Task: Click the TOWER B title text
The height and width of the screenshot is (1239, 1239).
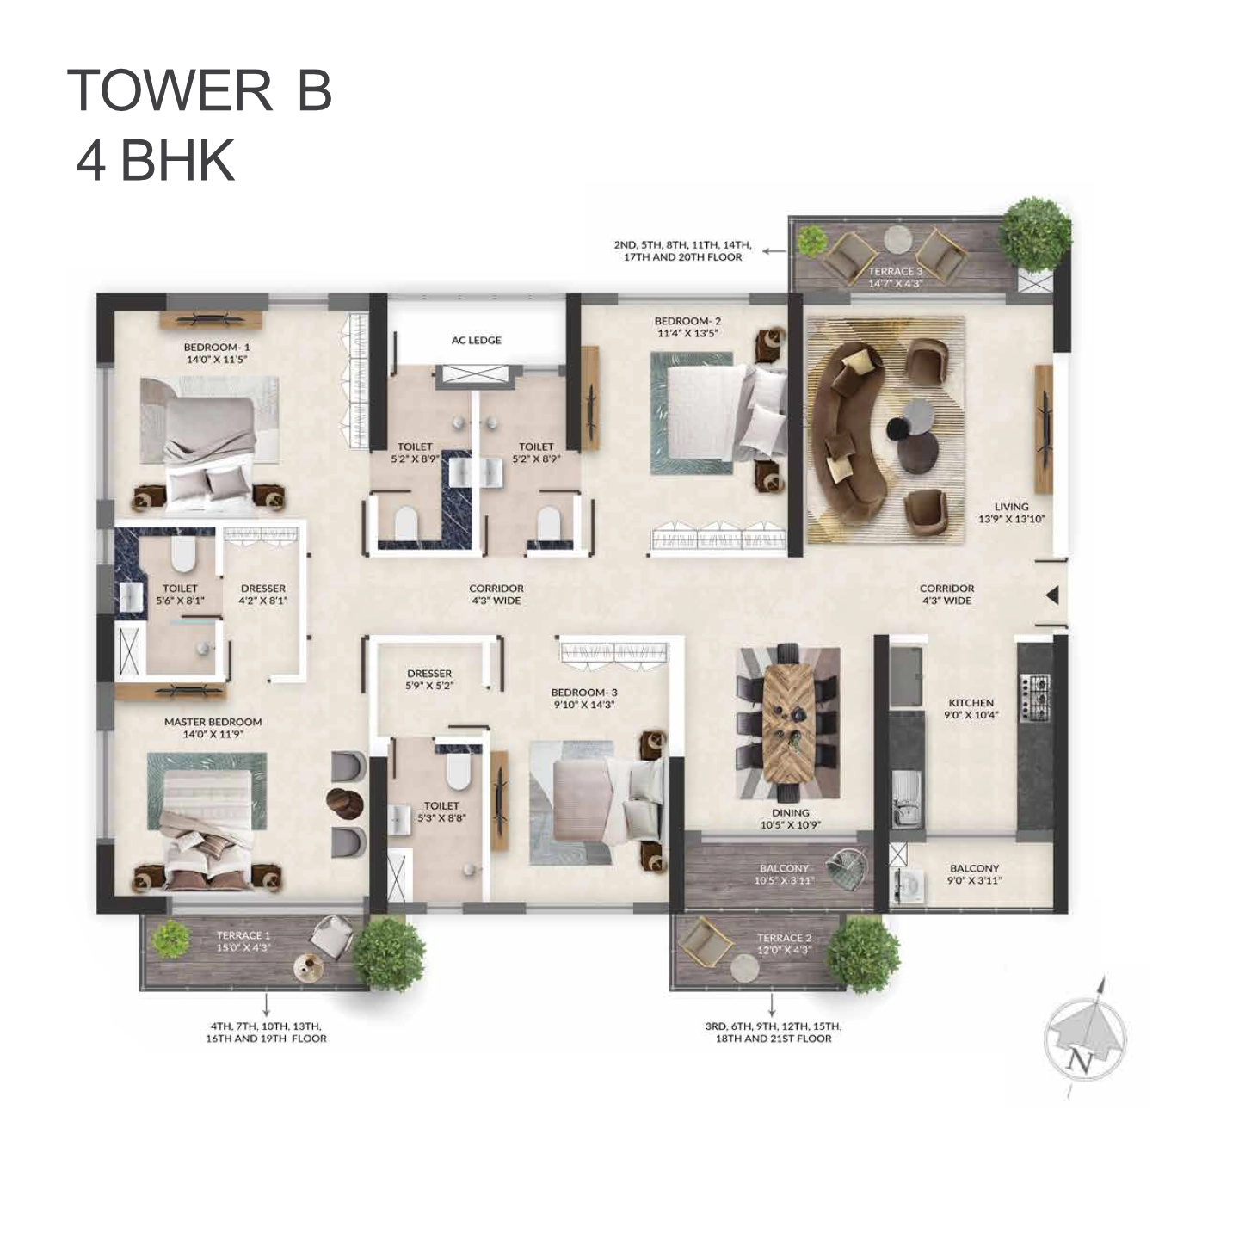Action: [200, 90]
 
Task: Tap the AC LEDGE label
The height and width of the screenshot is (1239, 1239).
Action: [476, 340]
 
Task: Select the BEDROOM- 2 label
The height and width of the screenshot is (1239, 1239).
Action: [687, 321]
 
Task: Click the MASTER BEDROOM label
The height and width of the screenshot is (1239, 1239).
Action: [213, 722]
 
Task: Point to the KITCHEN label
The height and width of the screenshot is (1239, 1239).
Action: [971, 703]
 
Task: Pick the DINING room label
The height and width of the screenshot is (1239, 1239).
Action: [790, 813]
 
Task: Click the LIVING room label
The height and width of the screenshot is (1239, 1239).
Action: [1011, 507]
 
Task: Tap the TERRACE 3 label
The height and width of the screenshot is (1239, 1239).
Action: [895, 271]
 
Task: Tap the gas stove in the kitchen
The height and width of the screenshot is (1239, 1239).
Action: [1035, 698]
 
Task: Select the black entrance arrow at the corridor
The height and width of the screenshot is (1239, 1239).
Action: [1052, 595]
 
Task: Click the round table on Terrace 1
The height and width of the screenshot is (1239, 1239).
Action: [308, 967]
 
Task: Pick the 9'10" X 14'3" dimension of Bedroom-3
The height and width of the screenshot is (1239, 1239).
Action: [583, 704]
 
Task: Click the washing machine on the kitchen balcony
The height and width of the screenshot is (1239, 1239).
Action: [907, 885]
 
